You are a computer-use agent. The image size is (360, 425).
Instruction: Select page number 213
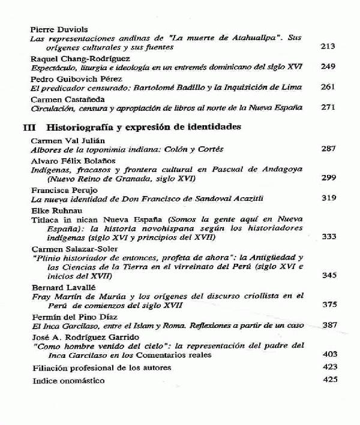click(328, 46)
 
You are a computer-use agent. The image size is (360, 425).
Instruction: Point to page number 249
click(328, 67)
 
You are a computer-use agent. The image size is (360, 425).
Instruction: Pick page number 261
click(328, 87)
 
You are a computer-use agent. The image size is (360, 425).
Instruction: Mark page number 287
click(328, 148)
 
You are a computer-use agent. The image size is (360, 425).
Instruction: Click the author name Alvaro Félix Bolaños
click(67, 161)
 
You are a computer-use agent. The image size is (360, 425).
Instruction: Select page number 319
click(328, 198)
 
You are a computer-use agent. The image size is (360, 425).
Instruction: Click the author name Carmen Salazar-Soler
click(66, 248)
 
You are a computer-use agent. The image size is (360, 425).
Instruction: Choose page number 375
click(328, 305)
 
